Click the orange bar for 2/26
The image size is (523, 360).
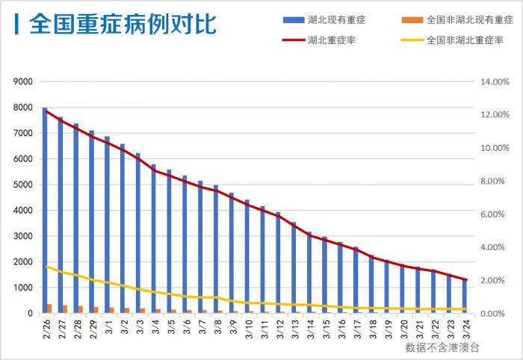coord(49,308)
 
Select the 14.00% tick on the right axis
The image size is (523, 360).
coord(495,81)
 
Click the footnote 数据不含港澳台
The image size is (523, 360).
coord(442,347)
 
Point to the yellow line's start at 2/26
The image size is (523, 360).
coord(46,267)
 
